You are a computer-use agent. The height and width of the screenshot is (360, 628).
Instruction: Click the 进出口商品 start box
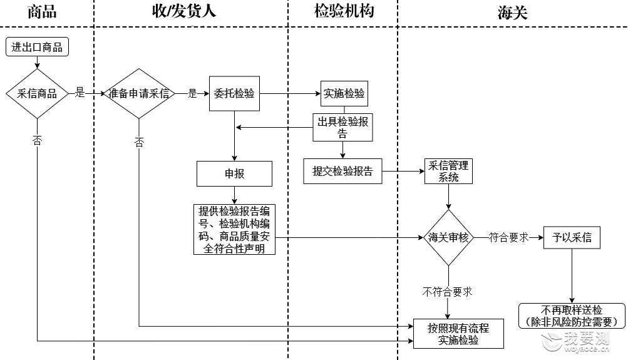(x=37, y=47)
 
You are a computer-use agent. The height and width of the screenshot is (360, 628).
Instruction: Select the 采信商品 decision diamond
(x=37, y=94)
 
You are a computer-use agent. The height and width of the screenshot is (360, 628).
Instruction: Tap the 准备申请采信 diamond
(x=139, y=94)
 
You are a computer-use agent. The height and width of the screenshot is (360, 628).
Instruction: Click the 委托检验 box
(x=234, y=94)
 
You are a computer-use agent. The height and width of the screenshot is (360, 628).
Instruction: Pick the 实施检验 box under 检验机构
(x=344, y=94)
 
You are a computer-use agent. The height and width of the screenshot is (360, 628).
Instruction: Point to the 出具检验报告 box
(x=343, y=127)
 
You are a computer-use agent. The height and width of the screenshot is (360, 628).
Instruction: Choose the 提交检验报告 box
(x=342, y=172)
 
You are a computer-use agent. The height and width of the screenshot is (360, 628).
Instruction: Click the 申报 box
(x=234, y=174)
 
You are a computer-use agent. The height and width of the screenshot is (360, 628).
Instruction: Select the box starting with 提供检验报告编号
(x=234, y=230)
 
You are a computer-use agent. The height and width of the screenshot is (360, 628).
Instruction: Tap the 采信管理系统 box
(x=448, y=172)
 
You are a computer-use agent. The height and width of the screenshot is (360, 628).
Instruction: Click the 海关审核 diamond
(x=448, y=237)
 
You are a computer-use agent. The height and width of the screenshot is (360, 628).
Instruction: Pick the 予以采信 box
(x=572, y=237)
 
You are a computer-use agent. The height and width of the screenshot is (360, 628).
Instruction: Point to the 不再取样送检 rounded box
(x=572, y=316)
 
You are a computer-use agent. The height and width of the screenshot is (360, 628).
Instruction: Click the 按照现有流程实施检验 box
(x=458, y=334)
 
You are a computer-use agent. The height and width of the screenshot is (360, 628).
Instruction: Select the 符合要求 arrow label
(x=508, y=237)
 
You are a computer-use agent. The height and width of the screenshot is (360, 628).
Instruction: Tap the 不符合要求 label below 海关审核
(x=448, y=292)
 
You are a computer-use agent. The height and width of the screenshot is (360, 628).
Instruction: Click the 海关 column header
(x=513, y=13)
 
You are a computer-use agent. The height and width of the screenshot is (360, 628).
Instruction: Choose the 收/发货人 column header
(x=184, y=11)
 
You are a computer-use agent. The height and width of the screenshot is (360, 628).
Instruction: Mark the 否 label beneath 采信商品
(x=37, y=140)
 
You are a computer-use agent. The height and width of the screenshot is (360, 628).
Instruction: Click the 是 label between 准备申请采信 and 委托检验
(x=193, y=94)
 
